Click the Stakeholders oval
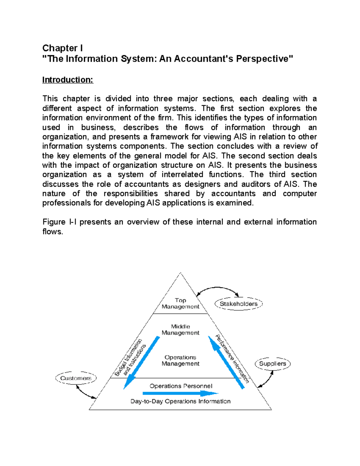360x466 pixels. (x=238, y=304)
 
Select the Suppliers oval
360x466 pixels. (x=272, y=364)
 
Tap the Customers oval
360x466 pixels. (x=76, y=378)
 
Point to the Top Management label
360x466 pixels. (x=180, y=303)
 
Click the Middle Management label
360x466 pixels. (x=180, y=329)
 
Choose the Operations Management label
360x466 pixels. (x=180, y=360)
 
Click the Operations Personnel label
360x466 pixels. (x=181, y=386)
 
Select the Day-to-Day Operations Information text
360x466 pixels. (x=180, y=401)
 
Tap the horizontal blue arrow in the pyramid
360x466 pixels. (x=180, y=393)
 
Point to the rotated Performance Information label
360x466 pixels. (x=232, y=358)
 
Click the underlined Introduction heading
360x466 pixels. (x=68, y=80)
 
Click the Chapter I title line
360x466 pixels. (x=62, y=48)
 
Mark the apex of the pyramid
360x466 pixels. (x=180, y=273)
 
